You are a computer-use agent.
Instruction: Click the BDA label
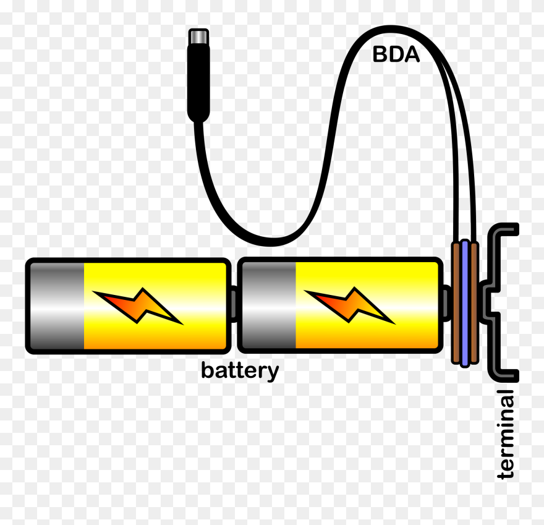pyautogui.click(x=396, y=55)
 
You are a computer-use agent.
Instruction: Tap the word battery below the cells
pyautogui.click(x=240, y=371)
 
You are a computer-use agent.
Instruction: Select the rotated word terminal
pyautogui.click(x=506, y=434)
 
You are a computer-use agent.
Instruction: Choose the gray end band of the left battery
pyautogui.click(x=56, y=306)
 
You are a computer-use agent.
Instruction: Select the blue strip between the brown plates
pyautogui.click(x=465, y=303)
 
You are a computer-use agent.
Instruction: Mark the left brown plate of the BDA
pyautogui.click(x=457, y=303)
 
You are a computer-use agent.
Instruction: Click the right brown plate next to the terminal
pyautogui.click(x=474, y=303)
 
